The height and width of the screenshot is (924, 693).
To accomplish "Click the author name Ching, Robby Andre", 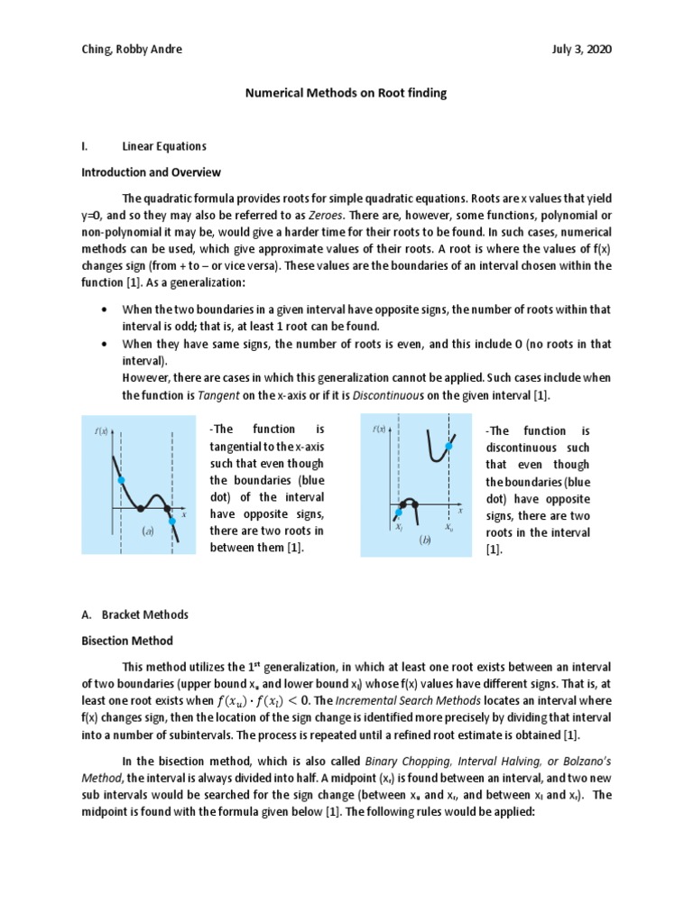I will click(131, 50).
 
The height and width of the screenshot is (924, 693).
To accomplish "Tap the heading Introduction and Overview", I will click(151, 172).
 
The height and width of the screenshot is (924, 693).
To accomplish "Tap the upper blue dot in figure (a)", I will click(120, 480).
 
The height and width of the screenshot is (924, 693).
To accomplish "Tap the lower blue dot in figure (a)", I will click(172, 521).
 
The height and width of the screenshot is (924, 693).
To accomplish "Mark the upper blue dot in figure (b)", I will click(448, 447).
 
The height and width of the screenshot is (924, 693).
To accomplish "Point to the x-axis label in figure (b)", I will click(459, 510).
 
